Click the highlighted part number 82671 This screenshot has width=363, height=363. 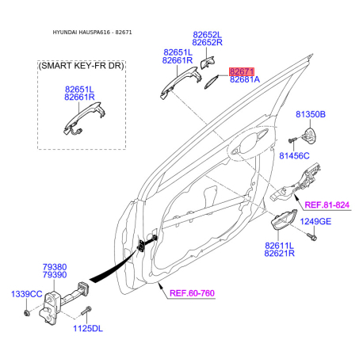(241, 71)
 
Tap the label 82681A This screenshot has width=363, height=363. (244, 80)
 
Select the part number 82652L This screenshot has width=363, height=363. (207, 35)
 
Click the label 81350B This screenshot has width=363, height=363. (310, 115)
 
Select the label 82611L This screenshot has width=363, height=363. (279, 246)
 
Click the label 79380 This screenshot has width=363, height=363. (55, 268)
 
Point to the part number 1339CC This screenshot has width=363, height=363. (26, 294)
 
